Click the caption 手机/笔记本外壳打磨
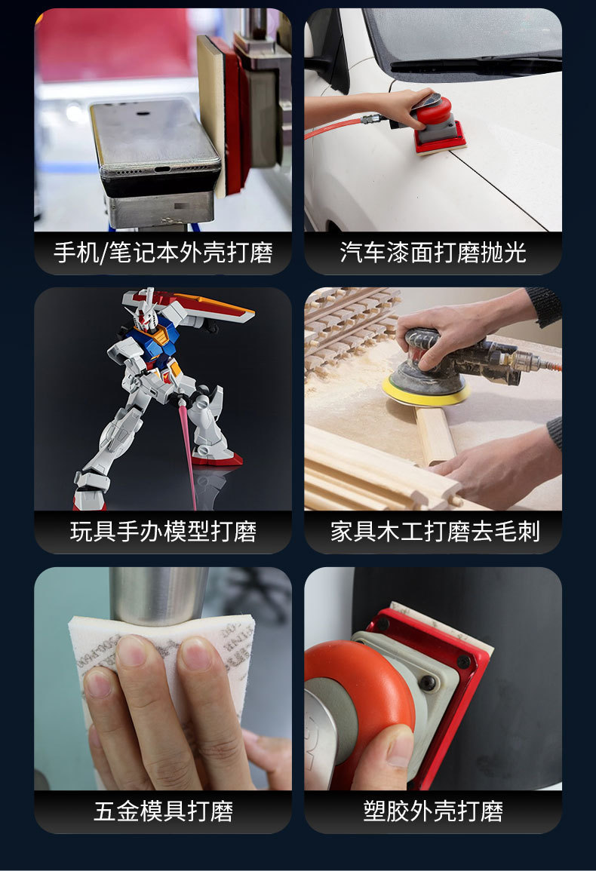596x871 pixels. [x=163, y=252]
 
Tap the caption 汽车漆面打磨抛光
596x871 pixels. [x=433, y=252]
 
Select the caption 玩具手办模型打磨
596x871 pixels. [x=163, y=532]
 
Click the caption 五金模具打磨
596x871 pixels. [x=163, y=811]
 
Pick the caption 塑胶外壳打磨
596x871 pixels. [x=433, y=811]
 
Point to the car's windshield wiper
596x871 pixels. [x=475, y=63]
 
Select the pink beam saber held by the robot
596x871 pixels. [x=187, y=452]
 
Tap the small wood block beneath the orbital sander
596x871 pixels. [x=436, y=434]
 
